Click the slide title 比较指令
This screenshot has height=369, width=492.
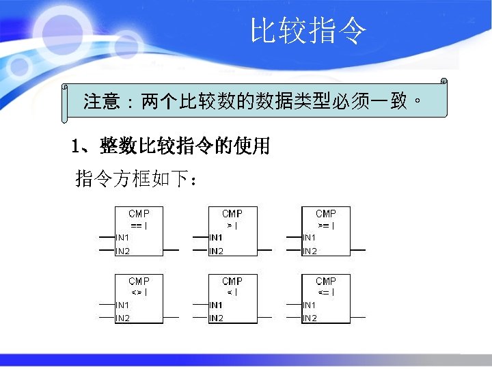(308, 31)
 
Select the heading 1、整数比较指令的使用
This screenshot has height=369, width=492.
(171, 146)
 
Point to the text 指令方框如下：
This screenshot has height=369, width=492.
(137, 180)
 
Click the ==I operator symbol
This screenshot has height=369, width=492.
(139, 225)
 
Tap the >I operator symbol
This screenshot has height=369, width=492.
(232, 225)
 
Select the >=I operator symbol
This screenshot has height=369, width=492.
(326, 225)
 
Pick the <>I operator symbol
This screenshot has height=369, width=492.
(139, 292)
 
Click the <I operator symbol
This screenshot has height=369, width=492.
(232, 292)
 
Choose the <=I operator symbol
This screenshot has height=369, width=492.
(326, 292)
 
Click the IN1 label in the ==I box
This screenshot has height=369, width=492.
(123, 237)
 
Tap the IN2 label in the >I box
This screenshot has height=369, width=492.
(217, 251)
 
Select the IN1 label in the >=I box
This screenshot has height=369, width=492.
(310, 237)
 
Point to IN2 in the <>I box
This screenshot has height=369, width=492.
(123, 318)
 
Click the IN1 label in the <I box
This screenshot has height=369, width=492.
(217, 304)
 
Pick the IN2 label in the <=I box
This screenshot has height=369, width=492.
(310, 318)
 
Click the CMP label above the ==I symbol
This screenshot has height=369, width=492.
(139, 214)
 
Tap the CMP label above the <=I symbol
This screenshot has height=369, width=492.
(326, 281)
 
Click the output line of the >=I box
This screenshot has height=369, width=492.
(357, 251)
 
